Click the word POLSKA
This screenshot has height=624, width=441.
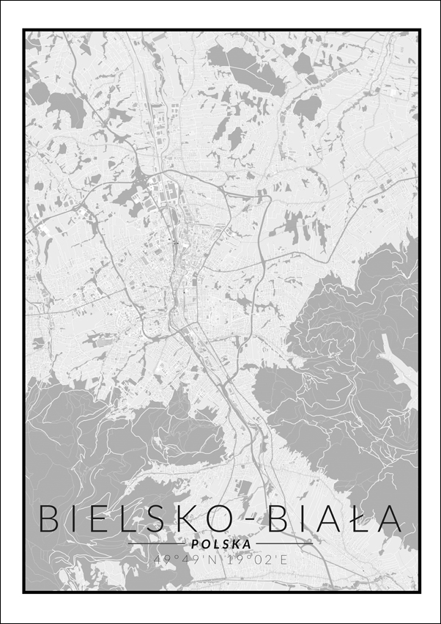(x=220, y=544)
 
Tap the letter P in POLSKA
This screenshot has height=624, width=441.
(x=194, y=544)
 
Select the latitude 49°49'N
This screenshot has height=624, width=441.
(x=182, y=559)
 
